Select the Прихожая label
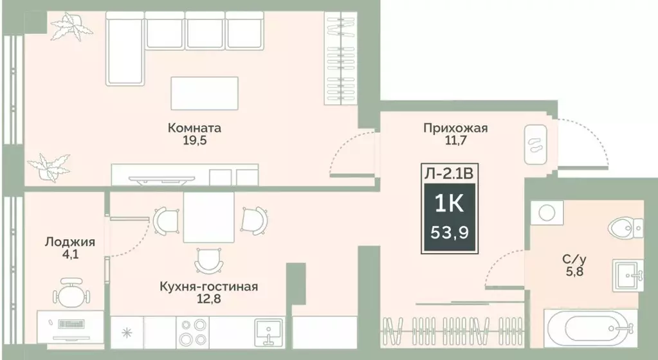click(x=455, y=128)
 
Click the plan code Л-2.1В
click(x=449, y=172)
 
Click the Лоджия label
click(x=70, y=242)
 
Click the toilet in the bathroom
click(x=626, y=226)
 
